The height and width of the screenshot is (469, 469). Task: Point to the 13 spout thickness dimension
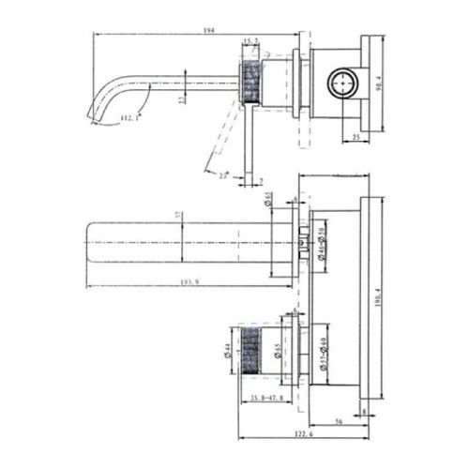[181, 98]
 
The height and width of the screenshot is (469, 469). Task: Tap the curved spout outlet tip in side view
[95, 113]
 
